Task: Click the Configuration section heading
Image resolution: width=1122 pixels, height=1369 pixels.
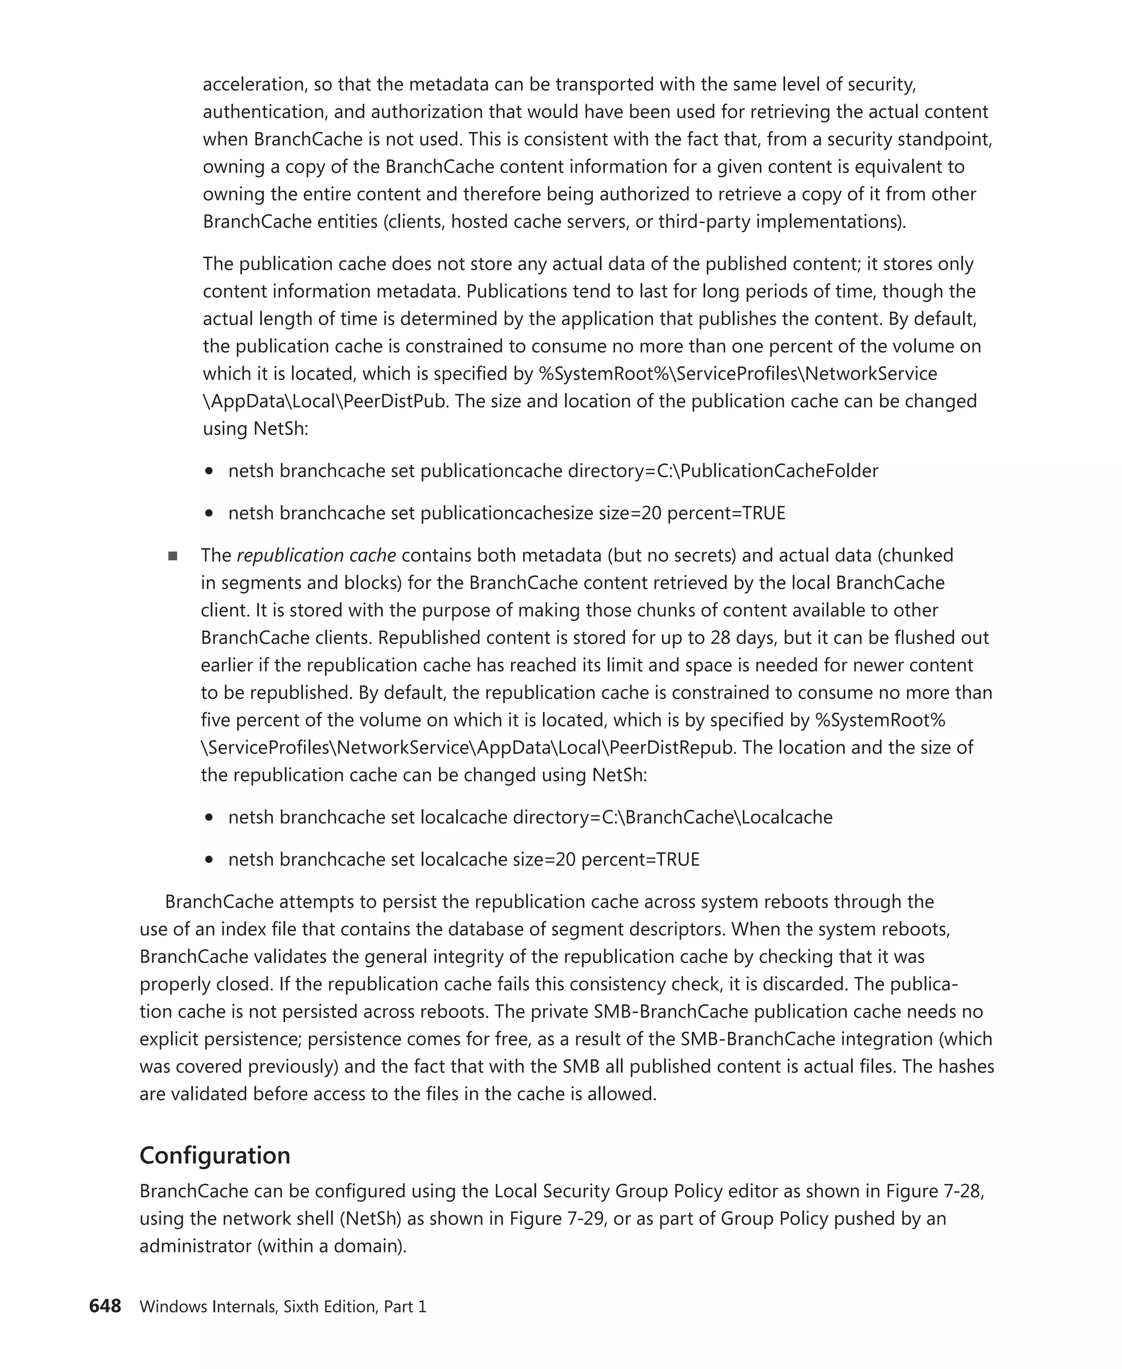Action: click(x=215, y=1155)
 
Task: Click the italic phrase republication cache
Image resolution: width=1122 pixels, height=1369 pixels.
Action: click(x=316, y=555)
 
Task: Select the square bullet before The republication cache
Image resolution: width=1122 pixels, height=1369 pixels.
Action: click(x=173, y=556)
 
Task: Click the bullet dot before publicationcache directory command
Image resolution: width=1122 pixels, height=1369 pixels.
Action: click(x=209, y=471)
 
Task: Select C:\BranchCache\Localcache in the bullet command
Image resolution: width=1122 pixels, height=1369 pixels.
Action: click(x=717, y=817)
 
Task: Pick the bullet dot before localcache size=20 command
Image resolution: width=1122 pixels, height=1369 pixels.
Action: click(x=209, y=860)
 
